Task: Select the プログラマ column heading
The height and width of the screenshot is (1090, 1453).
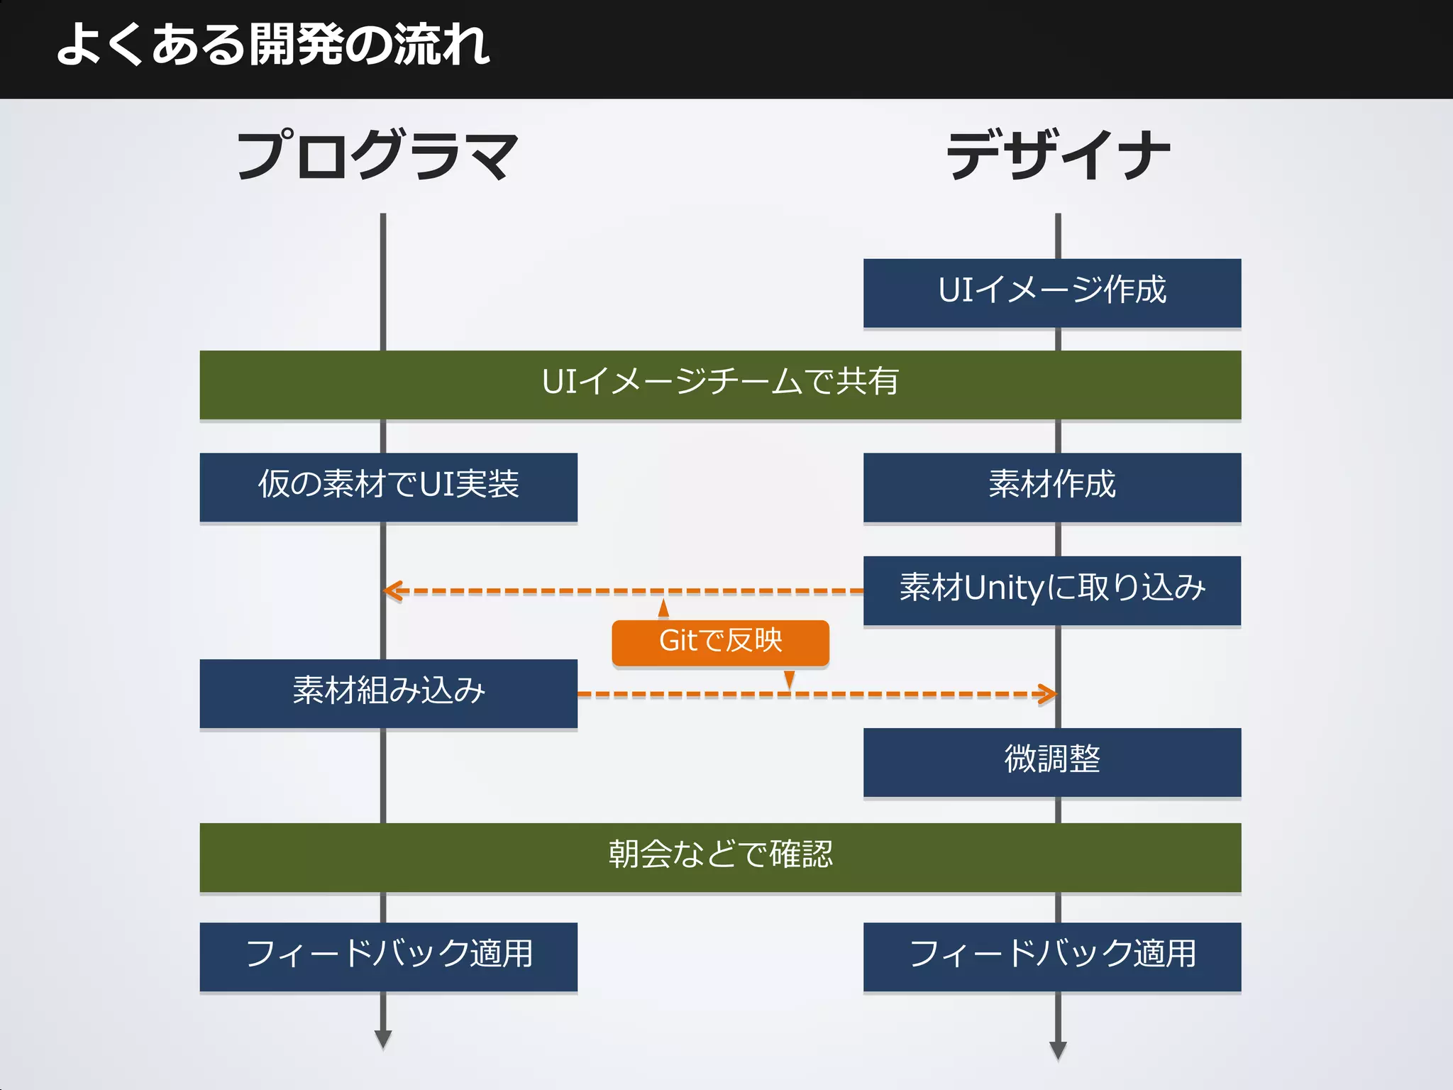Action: (377, 155)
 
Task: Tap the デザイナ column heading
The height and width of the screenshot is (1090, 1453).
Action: (1058, 155)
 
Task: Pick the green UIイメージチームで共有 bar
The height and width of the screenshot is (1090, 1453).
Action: (720, 384)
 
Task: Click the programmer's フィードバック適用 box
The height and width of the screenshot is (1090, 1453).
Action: (388, 956)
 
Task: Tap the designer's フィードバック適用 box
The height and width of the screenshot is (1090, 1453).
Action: (1051, 956)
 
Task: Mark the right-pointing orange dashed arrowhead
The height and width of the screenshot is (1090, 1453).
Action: (1048, 694)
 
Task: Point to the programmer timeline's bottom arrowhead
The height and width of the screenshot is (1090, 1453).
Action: (383, 1039)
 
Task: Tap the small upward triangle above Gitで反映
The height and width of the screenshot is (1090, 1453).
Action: (663, 609)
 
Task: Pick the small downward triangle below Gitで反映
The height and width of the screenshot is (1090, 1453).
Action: (789, 679)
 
